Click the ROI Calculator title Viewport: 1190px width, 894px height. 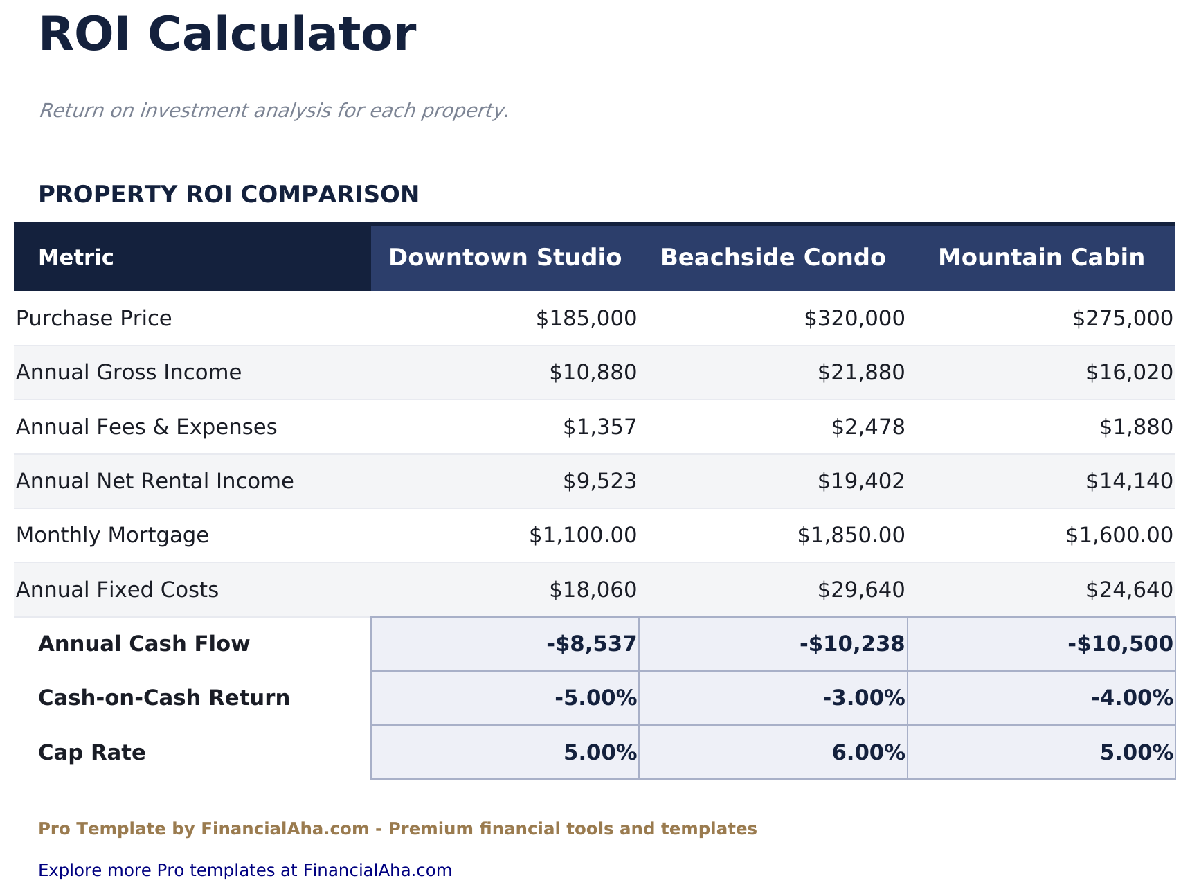[x=227, y=35]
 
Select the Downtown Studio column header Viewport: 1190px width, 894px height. [x=505, y=258]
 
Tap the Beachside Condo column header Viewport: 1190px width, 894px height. [x=773, y=258]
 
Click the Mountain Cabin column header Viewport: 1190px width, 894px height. [x=1040, y=258]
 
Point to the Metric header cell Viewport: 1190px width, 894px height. [x=76, y=258]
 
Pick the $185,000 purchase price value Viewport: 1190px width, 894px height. [x=586, y=319]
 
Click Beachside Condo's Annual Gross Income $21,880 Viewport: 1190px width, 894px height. [x=860, y=373]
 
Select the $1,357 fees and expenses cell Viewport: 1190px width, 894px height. [x=599, y=427]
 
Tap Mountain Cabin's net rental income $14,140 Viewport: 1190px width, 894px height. [x=1128, y=481]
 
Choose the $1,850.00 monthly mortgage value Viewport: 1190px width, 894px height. [x=851, y=535]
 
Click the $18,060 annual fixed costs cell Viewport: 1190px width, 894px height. [x=593, y=590]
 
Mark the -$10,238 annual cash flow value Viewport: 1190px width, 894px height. [x=851, y=644]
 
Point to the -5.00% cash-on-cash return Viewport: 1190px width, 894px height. [x=595, y=698]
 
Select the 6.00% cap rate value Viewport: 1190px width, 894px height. [x=868, y=753]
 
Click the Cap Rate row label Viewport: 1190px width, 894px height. [x=92, y=753]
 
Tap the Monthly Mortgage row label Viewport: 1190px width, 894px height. [x=112, y=535]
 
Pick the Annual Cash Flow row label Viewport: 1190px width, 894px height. [x=144, y=644]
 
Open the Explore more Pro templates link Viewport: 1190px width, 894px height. [x=245, y=870]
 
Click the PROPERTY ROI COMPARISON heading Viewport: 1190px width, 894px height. [x=228, y=195]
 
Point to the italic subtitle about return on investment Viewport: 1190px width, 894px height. [x=273, y=111]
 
